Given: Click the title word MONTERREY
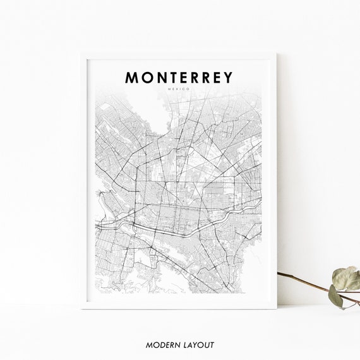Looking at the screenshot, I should point(179,77).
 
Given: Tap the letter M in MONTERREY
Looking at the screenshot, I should point(133,77).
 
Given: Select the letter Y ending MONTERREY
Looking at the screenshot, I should point(227,77).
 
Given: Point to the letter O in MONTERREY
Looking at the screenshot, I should point(147,77).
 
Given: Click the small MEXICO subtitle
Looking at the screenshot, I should point(179,90).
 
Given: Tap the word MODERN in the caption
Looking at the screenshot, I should point(162,345).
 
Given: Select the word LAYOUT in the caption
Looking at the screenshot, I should point(199,345).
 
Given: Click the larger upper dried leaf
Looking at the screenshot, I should point(346,277).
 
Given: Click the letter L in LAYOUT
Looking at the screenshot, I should point(184,345).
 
